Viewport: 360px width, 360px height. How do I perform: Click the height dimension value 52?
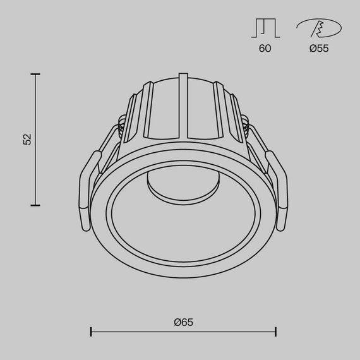coord(27,140)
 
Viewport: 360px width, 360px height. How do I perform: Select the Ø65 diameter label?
coord(183,321)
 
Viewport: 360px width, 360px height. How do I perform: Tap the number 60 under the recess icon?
coord(265,49)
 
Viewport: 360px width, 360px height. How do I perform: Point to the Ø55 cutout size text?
coord(319,49)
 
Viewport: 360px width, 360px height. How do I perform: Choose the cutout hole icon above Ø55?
coord(319,28)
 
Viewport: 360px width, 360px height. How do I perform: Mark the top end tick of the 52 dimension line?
coord(35,75)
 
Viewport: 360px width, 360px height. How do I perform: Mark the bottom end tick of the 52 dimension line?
coord(35,205)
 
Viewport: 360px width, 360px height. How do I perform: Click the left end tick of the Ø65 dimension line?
coord(92,331)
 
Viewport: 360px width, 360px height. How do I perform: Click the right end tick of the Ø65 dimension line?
coord(276,331)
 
